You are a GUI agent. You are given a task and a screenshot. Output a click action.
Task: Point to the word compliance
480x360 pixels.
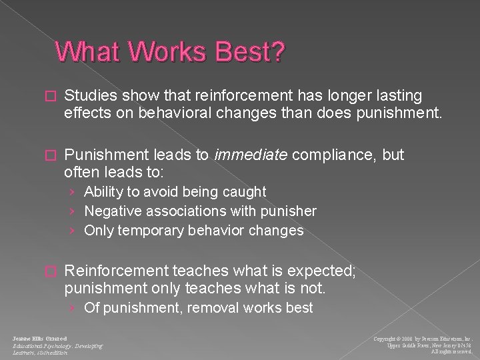click(319, 155)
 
